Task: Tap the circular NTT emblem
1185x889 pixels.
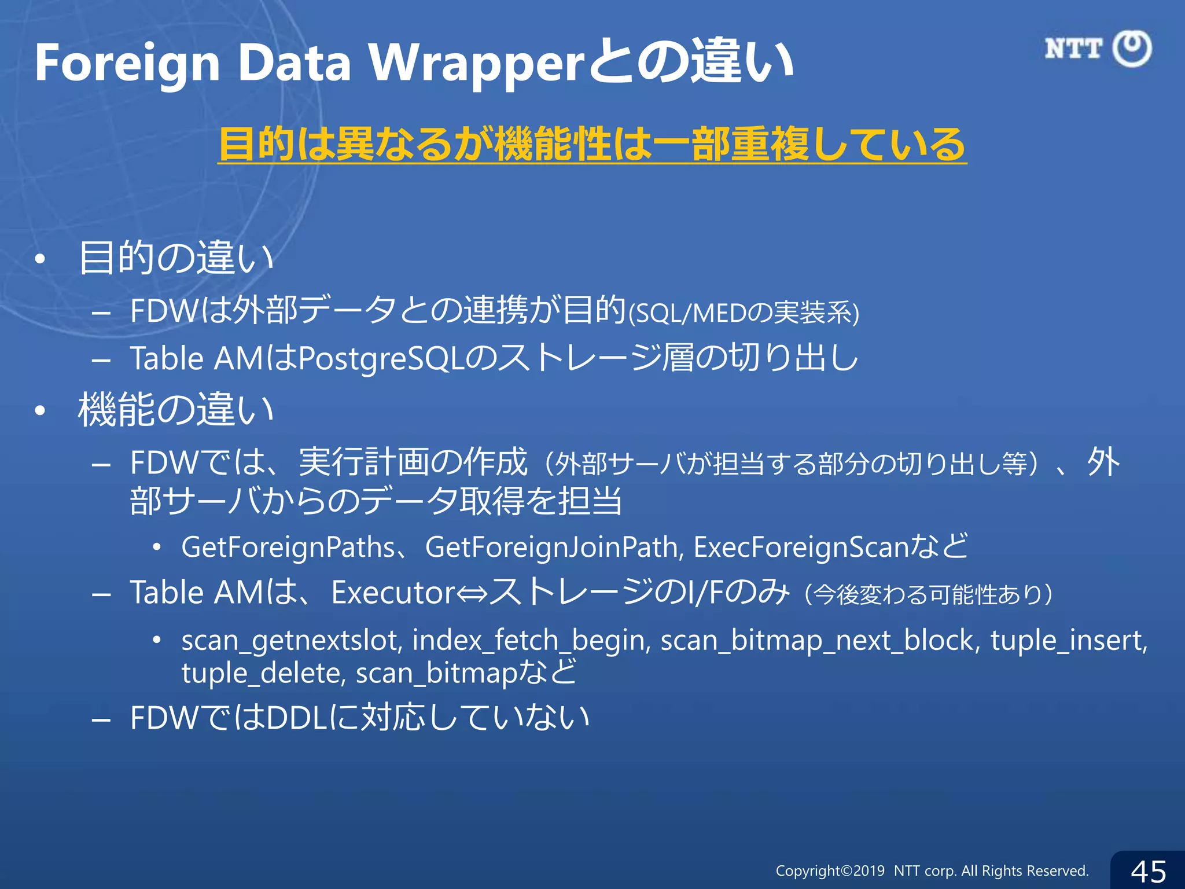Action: pyautogui.click(x=1132, y=49)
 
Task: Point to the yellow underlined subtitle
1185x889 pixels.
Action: pyautogui.click(x=591, y=145)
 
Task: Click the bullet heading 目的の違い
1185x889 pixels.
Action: pyautogui.click(x=176, y=258)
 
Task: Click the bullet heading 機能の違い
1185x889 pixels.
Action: pyautogui.click(x=176, y=410)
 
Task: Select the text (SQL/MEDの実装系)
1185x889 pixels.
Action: pyautogui.click(x=743, y=313)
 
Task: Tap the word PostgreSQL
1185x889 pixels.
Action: pyautogui.click(x=381, y=359)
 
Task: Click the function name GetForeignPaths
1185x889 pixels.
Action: pyautogui.click(x=288, y=548)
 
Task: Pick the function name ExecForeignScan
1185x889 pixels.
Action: pyautogui.click(x=801, y=548)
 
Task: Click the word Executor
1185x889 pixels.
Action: pyautogui.click(x=393, y=593)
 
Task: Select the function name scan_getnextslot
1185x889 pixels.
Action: pyautogui.click(x=292, y=641)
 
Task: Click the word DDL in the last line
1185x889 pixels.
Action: pyautogui.click(x=297, y=718)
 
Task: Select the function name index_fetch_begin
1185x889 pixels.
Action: pyautogui.click(x=531, y=641)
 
